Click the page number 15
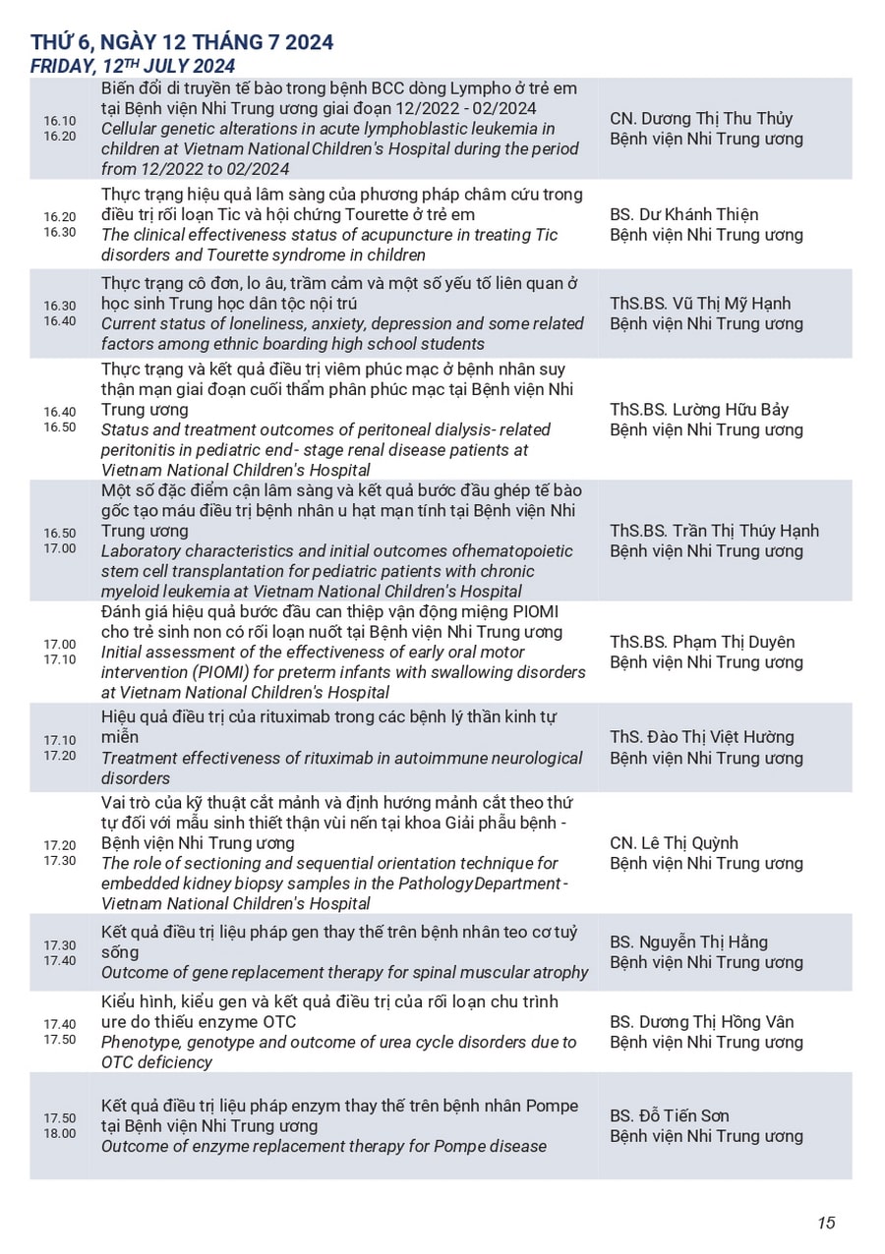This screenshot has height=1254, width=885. coord(826,1223)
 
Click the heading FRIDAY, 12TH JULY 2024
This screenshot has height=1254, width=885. coord(133,66)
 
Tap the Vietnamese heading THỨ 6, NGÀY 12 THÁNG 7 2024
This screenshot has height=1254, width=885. coord(182,42)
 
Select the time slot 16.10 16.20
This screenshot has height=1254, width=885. coord(59,129)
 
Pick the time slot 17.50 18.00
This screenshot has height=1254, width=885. coord(59,1125)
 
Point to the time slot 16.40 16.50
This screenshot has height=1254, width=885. coord(59,420)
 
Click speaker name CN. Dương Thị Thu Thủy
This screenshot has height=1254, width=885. coord(701,119)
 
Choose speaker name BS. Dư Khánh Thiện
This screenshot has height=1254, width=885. coord(684,214)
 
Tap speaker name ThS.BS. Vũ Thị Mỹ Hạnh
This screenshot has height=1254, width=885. coord(700,303)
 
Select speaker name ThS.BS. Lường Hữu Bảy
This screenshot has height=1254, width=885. coord(699,410)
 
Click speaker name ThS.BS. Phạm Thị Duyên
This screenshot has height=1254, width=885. coord(702,642)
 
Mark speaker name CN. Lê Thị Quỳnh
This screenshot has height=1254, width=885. coord(674,843)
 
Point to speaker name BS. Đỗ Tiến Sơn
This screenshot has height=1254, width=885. coord(670,1115)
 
